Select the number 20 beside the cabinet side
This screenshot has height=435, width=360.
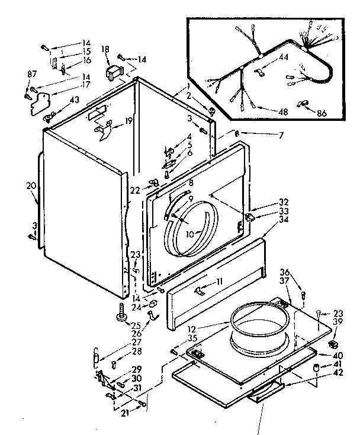click(31, 185)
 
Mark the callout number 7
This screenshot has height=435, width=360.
click(281, 136)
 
